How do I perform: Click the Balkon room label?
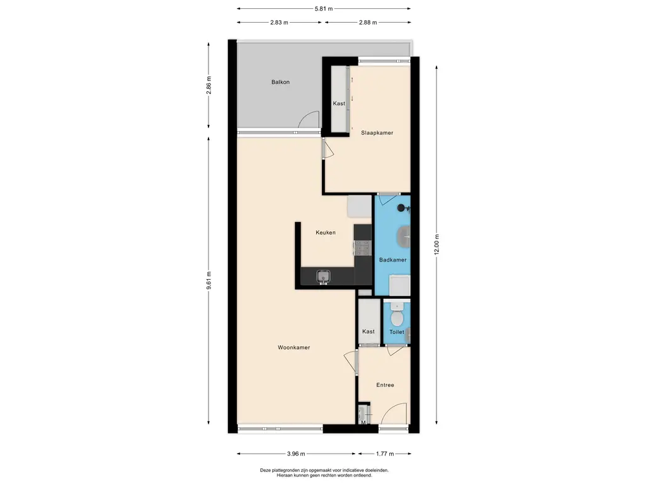(x=280, y=82)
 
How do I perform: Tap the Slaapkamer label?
(x=377, y=132)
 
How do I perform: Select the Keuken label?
(x=326, y=233)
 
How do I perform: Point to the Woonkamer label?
(x=294, y=347)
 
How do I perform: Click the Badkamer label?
(x=393, y=260)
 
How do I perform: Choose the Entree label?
(x=385, y=385)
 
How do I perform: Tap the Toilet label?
(x=397, y=331)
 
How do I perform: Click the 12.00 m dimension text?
(x=437, y=245)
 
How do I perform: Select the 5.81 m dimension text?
(x=324, y=9)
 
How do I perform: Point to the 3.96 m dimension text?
(x=296, y=454)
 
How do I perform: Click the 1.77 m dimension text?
(x=385, y=454)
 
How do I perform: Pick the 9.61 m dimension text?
(x=208, y=280)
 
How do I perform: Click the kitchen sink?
(x=324, y=277)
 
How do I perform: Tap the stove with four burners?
(x=362, y=248)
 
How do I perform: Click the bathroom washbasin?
(x=404, y=237)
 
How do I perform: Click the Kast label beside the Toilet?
(x=368, y=331)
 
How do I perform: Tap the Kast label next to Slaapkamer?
(x=339, y=103)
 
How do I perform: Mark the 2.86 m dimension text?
(x=208, y=86)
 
